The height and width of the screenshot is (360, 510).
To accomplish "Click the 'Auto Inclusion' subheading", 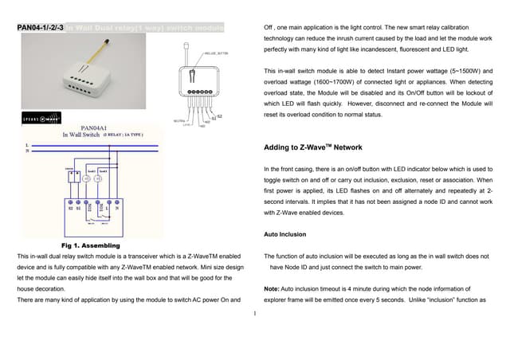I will pyautogui.click(x=285, y=234).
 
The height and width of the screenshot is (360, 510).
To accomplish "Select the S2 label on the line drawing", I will pyautogui.click(x=219, y=117).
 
